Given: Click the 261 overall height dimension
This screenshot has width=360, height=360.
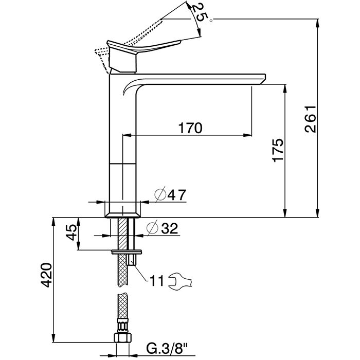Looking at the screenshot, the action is click(311, 119).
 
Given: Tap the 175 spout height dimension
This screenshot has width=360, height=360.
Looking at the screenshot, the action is click(278, 150).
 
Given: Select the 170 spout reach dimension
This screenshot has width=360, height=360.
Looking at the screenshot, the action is click(190, 128).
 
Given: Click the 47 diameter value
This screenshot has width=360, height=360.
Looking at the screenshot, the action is click(176, 195).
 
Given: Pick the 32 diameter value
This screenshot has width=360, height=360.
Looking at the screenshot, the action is click(169, 228).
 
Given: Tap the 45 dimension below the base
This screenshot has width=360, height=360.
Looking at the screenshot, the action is click(71, 232).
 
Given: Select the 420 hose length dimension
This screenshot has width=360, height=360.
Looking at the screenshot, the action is click(46, 275).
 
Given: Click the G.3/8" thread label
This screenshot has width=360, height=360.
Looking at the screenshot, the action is click(167, 349).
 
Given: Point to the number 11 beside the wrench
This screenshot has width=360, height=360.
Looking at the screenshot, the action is click(156, 280).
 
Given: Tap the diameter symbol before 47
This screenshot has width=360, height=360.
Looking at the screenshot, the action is click(160, 195).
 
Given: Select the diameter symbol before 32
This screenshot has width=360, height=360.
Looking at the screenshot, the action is click(152, 228).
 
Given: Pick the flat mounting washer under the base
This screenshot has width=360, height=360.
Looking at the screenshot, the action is click(127, 252).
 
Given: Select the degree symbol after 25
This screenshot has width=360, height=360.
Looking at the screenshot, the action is click(211, 21).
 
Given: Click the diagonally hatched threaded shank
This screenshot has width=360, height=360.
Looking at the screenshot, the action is click(122, 233).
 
